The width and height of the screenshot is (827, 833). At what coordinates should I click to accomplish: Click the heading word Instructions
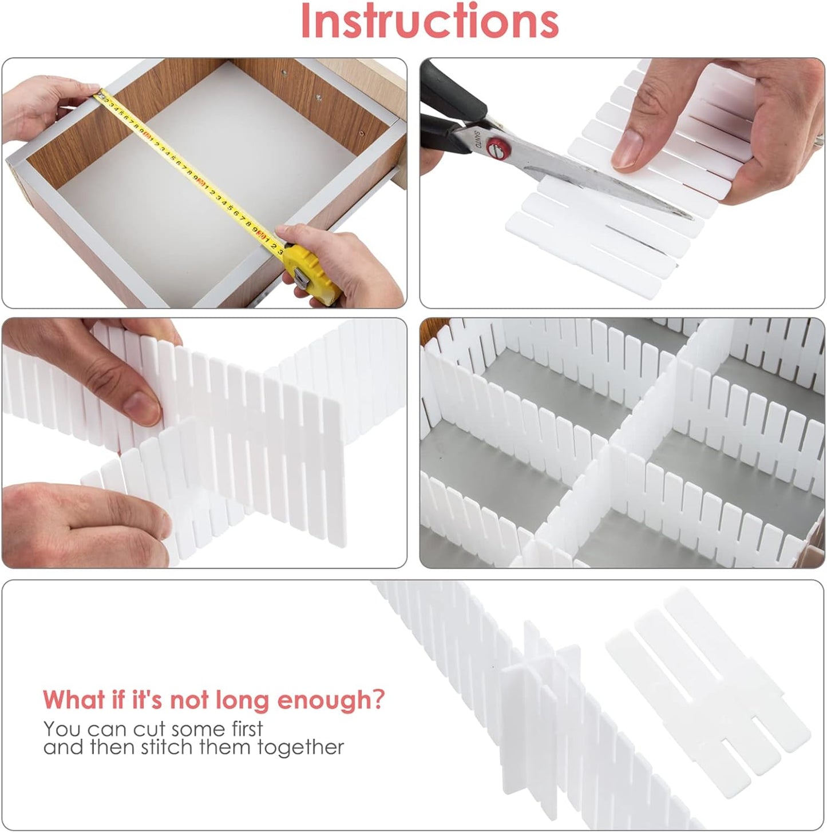click(429, 21)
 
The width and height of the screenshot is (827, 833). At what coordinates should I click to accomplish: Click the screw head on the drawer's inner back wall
click(285, 73)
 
